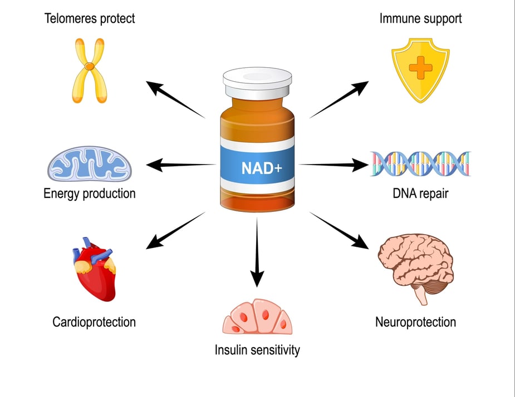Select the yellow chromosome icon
pos(89,70)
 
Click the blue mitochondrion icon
pos(90,165)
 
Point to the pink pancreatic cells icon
pos(257,319)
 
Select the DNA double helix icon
pos(420,164)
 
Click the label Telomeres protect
pos(90,18)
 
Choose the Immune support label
pos(420,18)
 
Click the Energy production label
pos(90,194)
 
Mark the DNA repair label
pos(420,194)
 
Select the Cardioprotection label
pos(94,322)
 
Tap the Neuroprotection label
pos(415,322)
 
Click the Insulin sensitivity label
pos(257,350)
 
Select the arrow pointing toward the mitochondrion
pos(181,165)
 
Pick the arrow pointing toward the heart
pos(175,230)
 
